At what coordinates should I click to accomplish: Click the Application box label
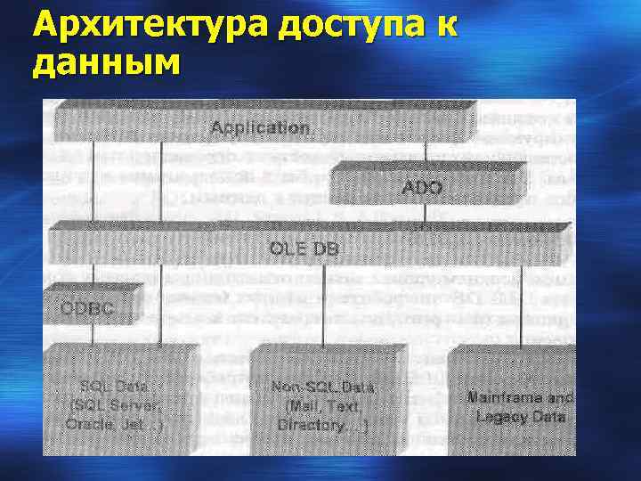pos(261,128)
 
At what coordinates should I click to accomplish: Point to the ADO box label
pos(422,188)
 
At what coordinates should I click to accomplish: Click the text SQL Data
pos(114,387)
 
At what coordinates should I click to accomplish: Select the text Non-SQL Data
pos(323,388)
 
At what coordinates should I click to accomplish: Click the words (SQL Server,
pos(114,405)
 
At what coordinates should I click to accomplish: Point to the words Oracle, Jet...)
pos(114,424)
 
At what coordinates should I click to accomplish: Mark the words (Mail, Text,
pos(322,407)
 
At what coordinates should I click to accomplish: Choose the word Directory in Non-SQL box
pos(311,426)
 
